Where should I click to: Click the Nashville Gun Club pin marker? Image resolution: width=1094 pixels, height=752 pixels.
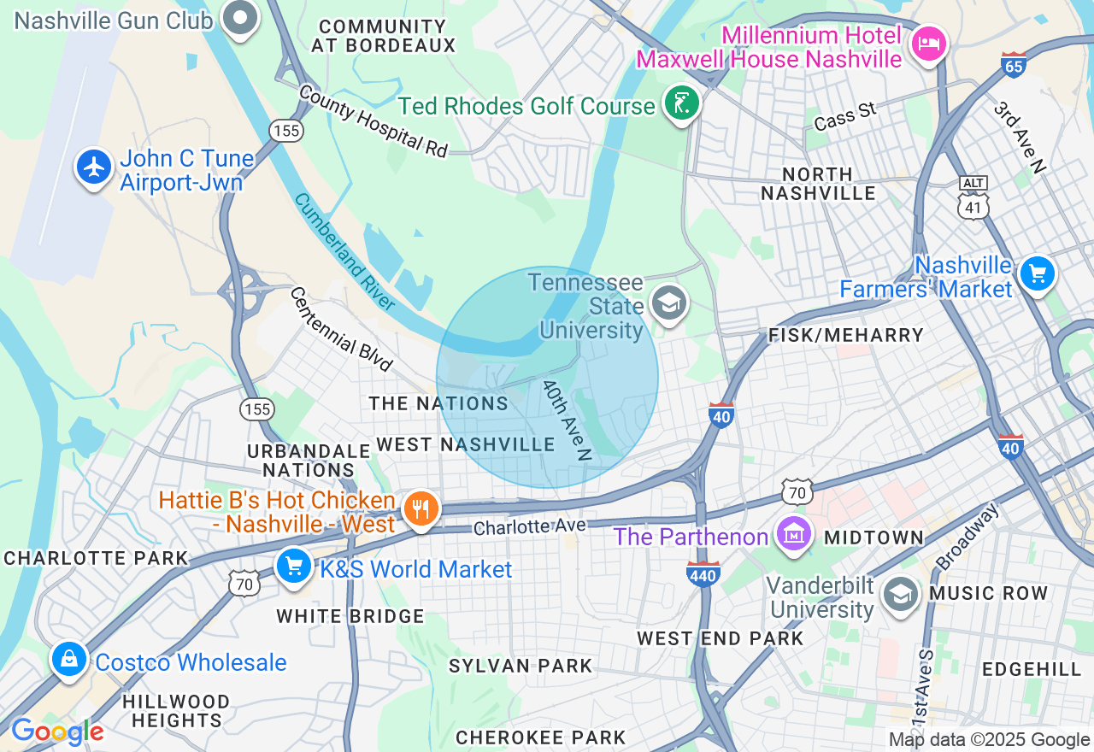coord(240,17)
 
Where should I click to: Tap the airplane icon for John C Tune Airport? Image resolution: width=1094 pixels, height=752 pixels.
coord(94,167)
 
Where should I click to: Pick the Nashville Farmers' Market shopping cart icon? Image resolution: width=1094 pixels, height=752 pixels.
coord(1038,274)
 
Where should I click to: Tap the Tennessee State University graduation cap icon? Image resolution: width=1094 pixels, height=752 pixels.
coord(669,303)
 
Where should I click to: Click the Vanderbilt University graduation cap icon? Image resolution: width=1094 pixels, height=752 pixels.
coord(900,595)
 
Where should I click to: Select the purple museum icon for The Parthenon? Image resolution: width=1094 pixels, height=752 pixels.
coord(794,535)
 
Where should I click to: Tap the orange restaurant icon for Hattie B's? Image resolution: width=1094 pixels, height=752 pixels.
coord(420,509)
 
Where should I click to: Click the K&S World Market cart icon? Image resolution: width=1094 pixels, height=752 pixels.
coord(294,566)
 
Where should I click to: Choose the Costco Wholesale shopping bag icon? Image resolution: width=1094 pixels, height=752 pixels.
coord(68,660)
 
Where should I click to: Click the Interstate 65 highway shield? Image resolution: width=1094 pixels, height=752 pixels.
coord(1013,65)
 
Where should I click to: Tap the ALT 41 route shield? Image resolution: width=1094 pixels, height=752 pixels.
coord(973,198)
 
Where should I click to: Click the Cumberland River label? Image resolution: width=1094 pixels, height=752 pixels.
coord(344,251)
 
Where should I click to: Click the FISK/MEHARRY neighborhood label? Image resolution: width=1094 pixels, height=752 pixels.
coord(846,335)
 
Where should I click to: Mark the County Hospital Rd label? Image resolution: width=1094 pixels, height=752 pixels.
coord(373,120)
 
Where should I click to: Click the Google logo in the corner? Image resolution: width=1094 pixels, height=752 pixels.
coord(57,731)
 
